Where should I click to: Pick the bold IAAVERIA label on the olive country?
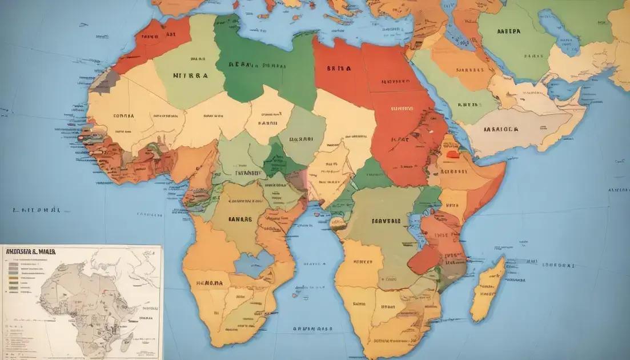point(386,221)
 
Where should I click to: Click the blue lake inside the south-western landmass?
point(253,263)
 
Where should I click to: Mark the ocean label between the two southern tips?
point(312,329)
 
